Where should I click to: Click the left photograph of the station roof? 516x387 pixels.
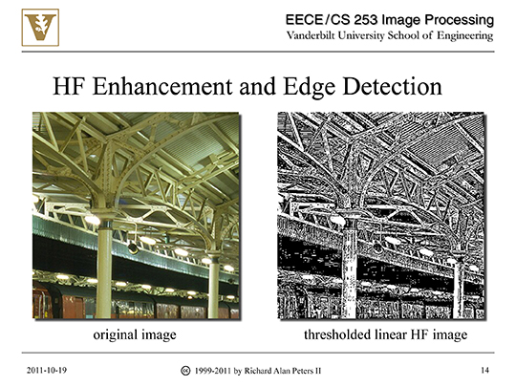coord(135,215)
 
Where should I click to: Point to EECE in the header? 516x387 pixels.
coord(305,19)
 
